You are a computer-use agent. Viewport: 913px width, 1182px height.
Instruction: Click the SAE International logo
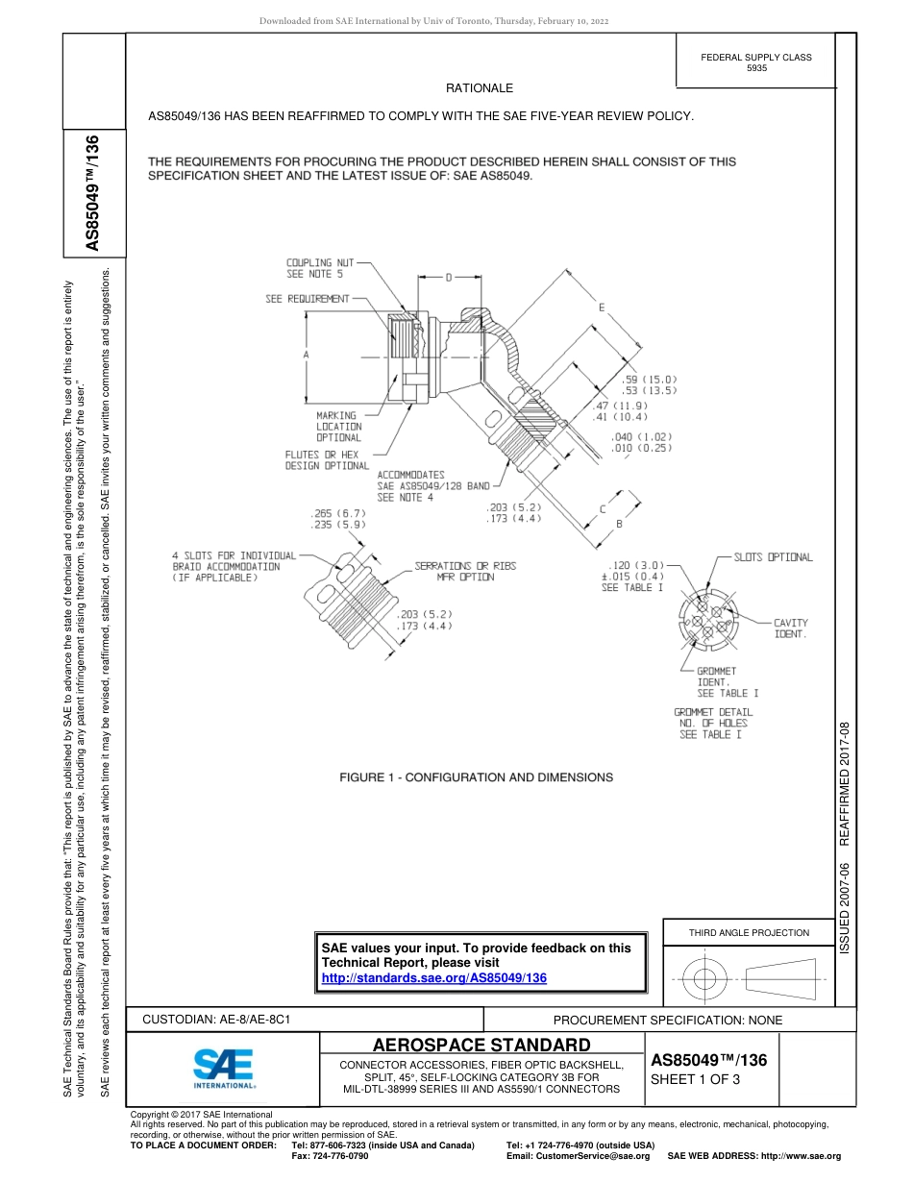[x=223, y=1067]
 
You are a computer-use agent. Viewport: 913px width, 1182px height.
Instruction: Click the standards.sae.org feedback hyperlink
[x=433, y=977]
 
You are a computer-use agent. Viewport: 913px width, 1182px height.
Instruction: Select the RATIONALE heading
[x=480, y=88]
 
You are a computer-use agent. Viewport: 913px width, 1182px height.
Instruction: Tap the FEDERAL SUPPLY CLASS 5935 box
[x=755, y=62]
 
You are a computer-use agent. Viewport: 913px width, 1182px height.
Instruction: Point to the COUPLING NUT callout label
[x=321, y=268]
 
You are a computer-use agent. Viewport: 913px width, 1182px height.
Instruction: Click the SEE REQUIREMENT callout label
[x=308, y=299]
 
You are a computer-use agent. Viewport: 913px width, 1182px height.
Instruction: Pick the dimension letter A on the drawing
[x=306, y=356]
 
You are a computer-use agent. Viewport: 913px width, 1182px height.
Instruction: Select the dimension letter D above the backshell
[x=448, y=278]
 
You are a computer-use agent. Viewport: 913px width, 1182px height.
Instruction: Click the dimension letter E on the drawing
[x=602, y=308]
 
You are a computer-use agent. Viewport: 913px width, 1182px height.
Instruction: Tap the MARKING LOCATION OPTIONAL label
[x=339, y=427]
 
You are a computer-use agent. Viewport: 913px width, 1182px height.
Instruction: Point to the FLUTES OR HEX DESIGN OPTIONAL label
[x=327, y=460]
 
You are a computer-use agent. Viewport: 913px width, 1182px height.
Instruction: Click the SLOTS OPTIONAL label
[x=773, y=557]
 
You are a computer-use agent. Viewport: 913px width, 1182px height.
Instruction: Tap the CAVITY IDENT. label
[x=791, y=628]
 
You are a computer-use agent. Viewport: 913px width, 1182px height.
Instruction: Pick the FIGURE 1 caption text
[x=477, y=776]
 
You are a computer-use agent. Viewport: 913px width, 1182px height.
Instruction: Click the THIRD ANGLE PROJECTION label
[x=749, y=932]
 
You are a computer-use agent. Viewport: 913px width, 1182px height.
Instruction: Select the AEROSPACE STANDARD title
[x=481, y=1045]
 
